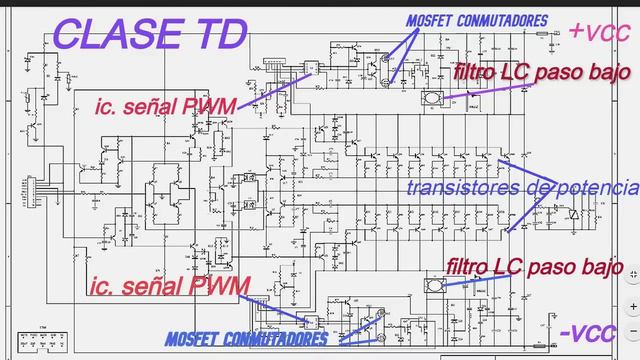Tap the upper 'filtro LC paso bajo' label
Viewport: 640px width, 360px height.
(540, 73)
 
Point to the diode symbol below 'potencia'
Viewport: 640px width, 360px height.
(572, 213)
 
